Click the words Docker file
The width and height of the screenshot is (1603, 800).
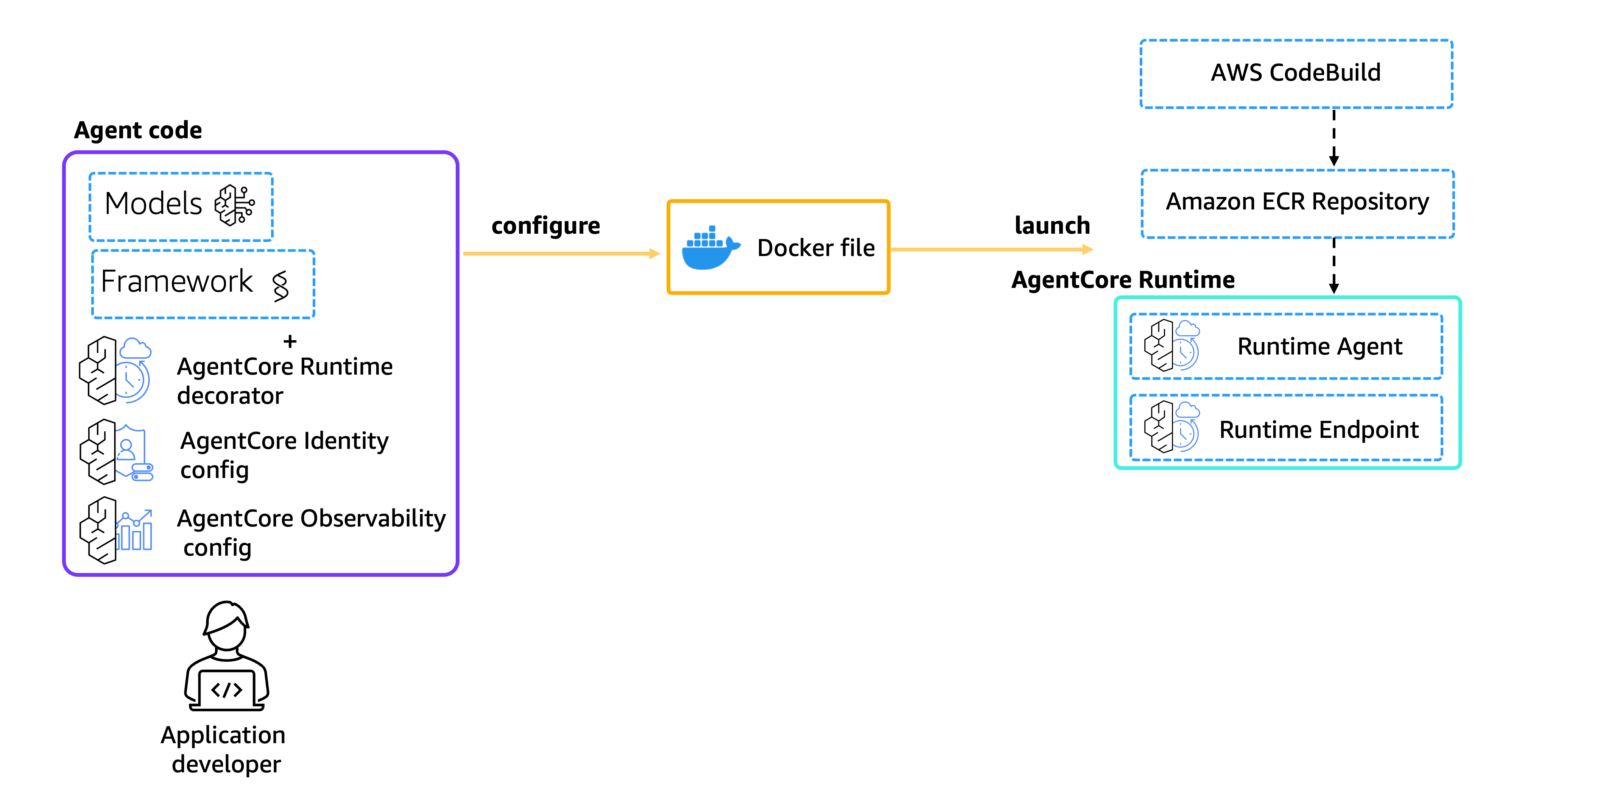pyautogui.click(x=816, y=248)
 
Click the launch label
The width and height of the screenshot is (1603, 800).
pyautogui.click(x=1052, y=225)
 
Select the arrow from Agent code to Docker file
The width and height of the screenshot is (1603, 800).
pyautogui.click(x=561, y=253)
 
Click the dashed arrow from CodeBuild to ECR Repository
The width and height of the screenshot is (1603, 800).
pyautogui.click(x=1333, y=137)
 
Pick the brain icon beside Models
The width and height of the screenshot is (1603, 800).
pyautogui.click(x=235, y=205)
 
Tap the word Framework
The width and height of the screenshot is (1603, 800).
pyautogui.click(x=177, y=281)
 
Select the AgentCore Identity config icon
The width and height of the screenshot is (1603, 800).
pyautogui.click(x=116, y=452)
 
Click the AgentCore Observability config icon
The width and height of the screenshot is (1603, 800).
pyautogui.click(x=116, y=530)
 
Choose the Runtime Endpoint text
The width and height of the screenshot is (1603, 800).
pyautogui.click(x=1319, y=430)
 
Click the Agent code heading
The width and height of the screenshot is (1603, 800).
pyautogui.click(x=138, y=130)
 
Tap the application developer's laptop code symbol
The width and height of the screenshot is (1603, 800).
pyautogui.click(x=226, y=689)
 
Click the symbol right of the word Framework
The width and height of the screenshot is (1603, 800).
pyautogui.click(x=280, y=286)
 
